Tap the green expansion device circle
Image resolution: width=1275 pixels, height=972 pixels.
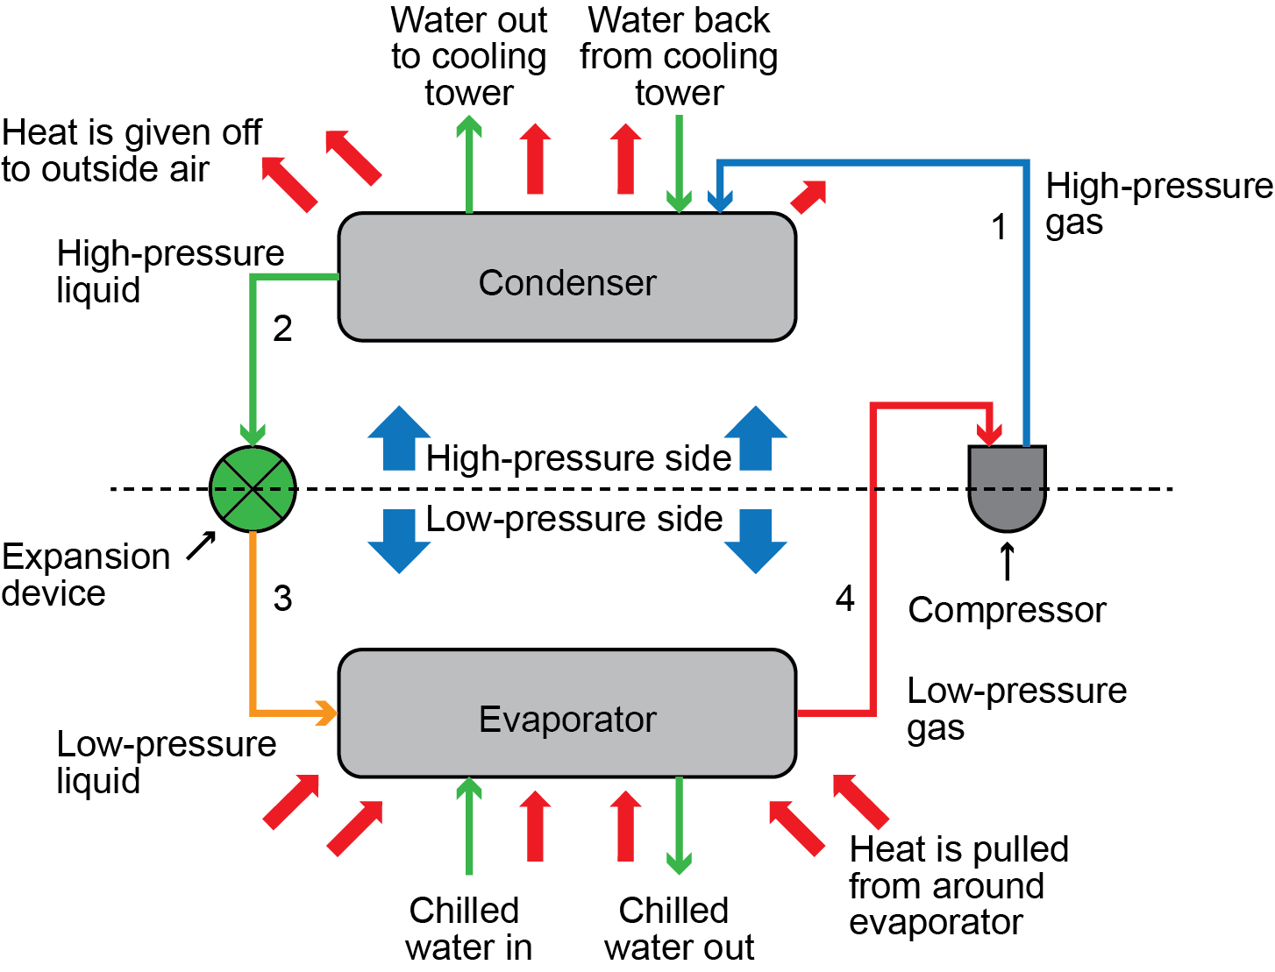[253, 489]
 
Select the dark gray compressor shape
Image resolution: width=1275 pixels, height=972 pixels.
[1007, 486]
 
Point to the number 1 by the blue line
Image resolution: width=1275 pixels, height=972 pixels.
[999, 228]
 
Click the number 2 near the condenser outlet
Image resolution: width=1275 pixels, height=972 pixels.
[282, 329]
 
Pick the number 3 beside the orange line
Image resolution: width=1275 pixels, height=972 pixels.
[282, 599]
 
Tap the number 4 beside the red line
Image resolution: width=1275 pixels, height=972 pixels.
[844, 599]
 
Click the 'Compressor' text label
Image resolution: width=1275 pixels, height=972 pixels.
[1007, 610]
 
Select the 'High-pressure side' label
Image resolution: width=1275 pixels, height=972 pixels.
[578, 458]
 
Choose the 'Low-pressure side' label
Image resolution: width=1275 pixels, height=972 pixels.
[574, 519]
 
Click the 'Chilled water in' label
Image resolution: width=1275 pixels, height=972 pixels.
[467, 929]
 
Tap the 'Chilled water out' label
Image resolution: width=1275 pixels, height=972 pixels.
[678, 929]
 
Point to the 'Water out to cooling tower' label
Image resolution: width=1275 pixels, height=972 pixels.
[469, 56]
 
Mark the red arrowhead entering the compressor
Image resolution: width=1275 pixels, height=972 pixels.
[991, 435]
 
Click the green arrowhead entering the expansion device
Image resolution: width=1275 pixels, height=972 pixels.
[253, 435]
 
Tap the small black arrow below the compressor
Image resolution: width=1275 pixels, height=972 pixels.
[1008, 561]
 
